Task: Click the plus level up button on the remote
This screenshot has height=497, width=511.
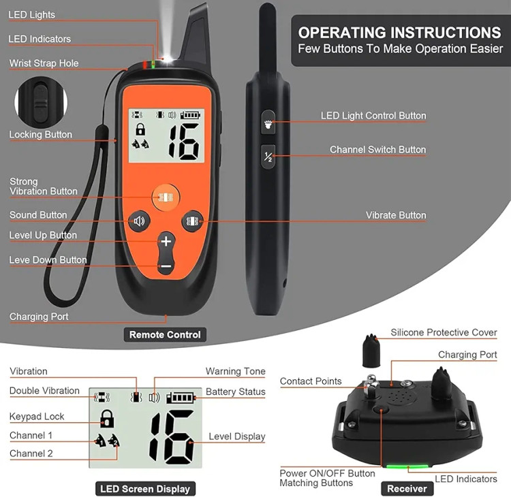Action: [166, 241]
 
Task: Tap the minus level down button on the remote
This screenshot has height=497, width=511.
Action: [166, 266]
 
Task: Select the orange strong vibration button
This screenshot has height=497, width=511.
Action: [166, 197]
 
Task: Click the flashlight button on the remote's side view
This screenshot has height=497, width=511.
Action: [268, 123]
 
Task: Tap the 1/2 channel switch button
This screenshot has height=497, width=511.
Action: [268, 157]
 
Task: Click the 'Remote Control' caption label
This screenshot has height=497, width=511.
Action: [165, 334]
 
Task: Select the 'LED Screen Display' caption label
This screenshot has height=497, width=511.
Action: [145, 489]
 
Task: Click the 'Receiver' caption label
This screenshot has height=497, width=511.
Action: [407, 489]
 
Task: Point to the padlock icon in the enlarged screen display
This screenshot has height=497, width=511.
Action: [107, 419]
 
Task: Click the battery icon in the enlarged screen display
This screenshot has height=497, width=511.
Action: [181, 398]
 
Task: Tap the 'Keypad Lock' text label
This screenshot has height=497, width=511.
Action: [37, 416]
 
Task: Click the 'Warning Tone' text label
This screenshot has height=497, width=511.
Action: [235, 371]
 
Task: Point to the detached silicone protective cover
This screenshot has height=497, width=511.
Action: [371, 351]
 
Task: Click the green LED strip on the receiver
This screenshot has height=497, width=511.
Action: [407, 466]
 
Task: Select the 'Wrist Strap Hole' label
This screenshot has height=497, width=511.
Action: [44, 63]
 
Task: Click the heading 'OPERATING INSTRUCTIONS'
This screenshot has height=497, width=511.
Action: [399, 33]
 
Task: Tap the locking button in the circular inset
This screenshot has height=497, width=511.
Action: [41, 101]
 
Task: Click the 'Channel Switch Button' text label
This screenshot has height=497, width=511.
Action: [377, 150]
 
